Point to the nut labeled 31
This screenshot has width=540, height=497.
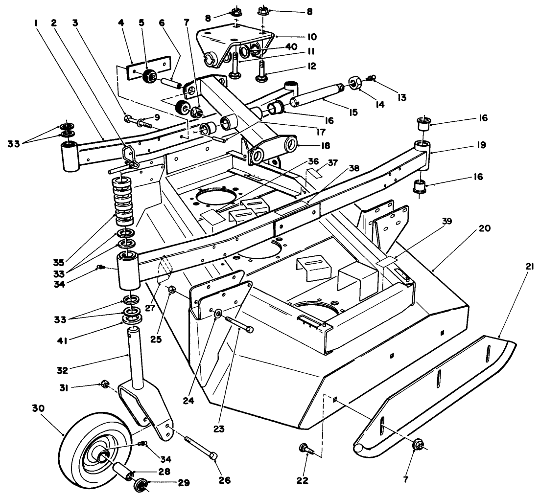click(x=104, y=383)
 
